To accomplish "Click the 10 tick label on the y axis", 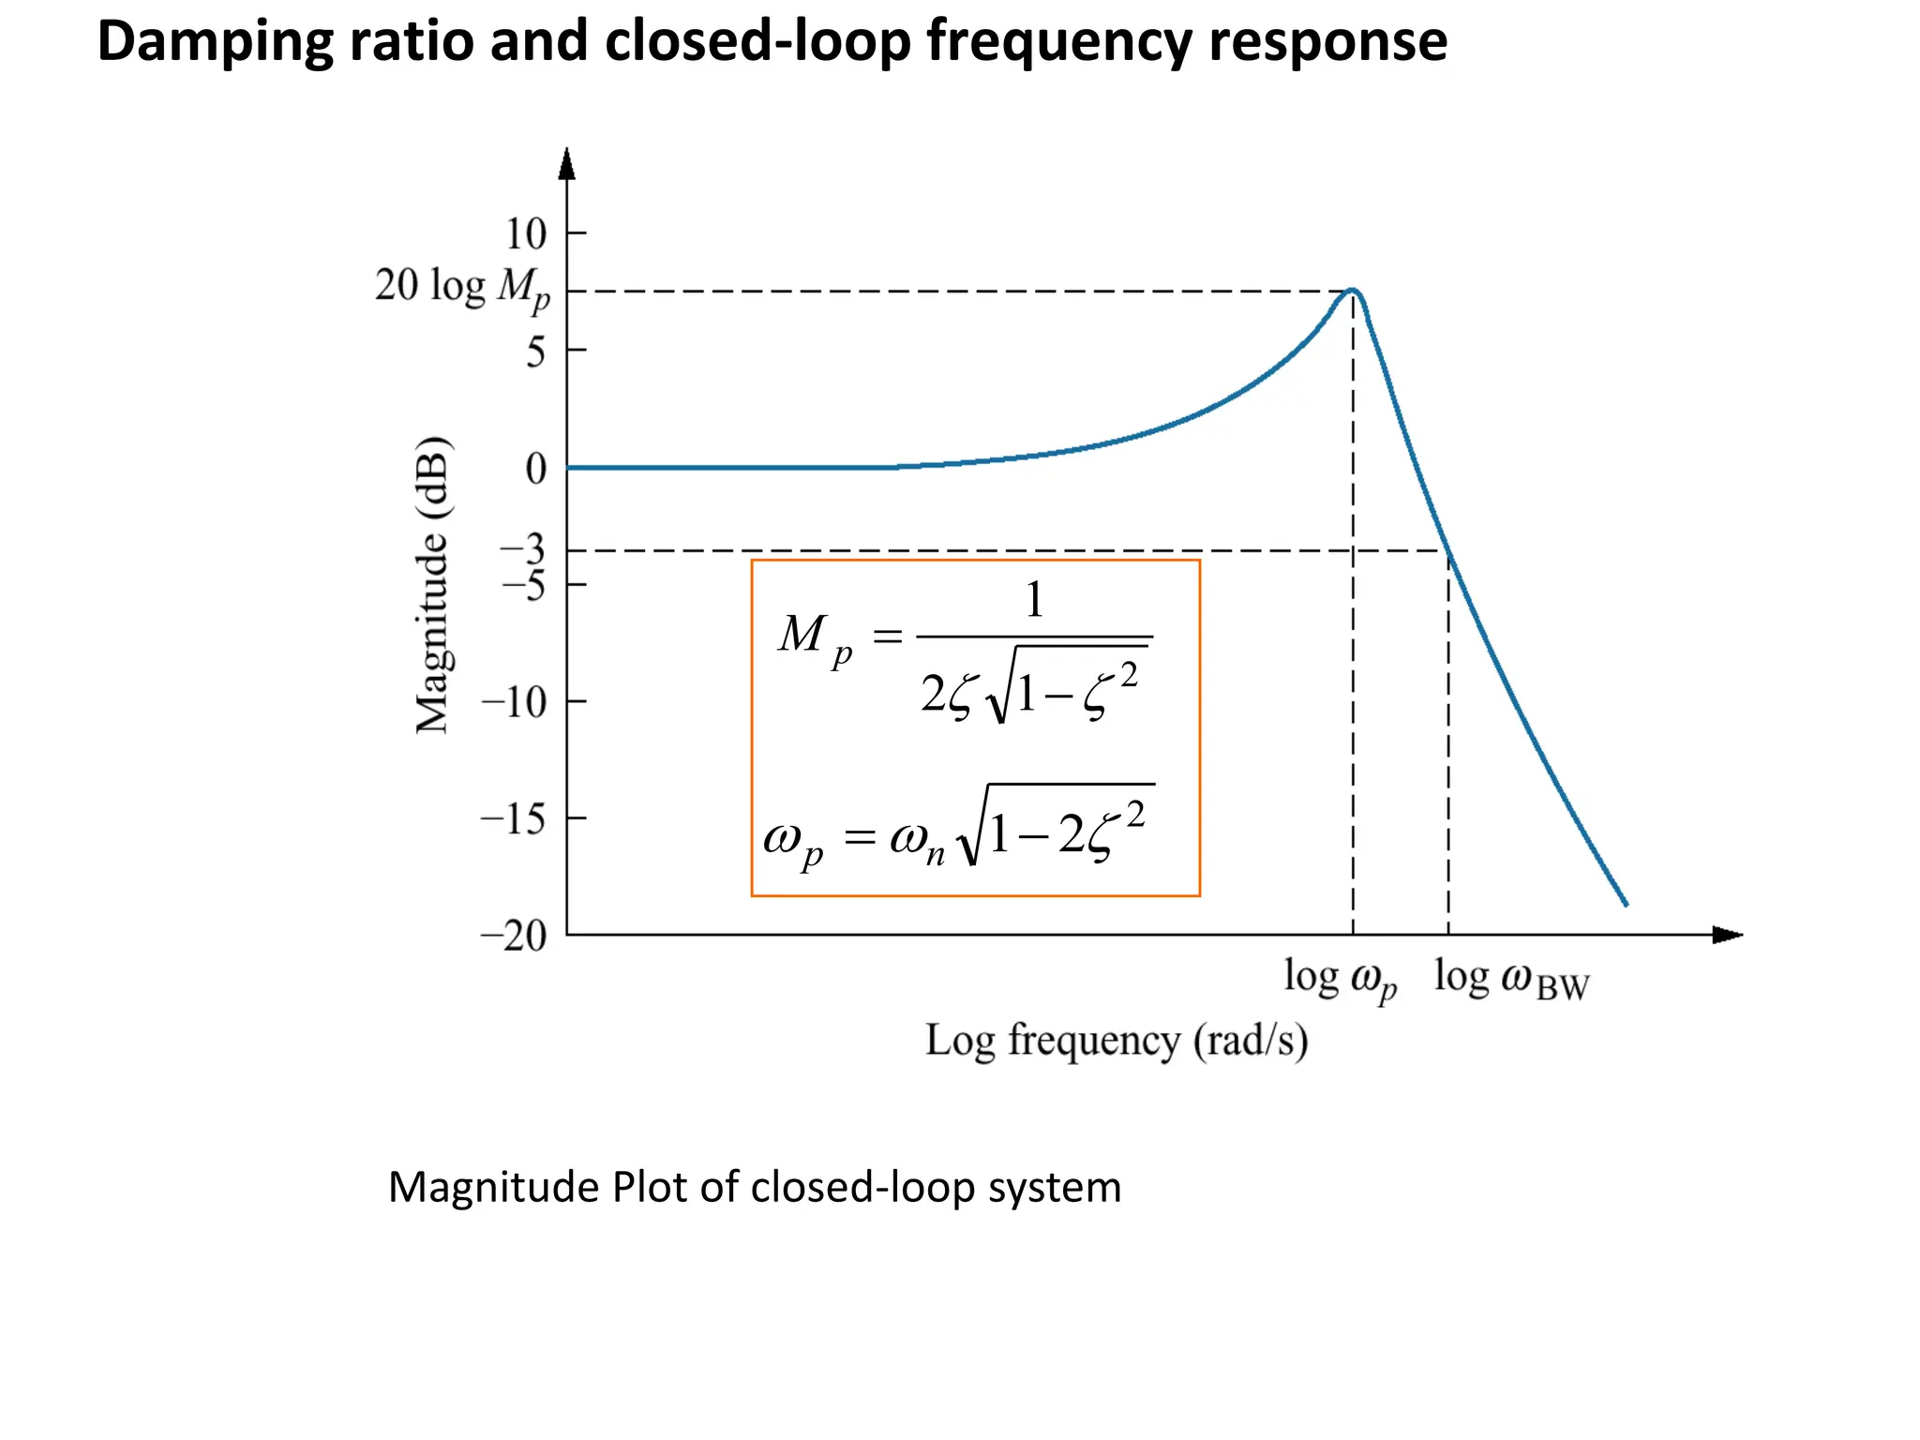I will [x=526, y=234].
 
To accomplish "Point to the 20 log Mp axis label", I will [x=462, y=287].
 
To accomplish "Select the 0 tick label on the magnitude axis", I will [x=536, y=469].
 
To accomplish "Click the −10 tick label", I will [x=514, y=702].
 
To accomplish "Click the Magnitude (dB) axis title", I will [x=433, y=585].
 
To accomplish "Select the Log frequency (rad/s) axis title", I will [x=1116, y=1042].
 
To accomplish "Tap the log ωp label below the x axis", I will [x=1340, y=979].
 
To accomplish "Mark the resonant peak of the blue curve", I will [x=1353, y=290].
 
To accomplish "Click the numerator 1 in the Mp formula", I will [x=1034, y=600].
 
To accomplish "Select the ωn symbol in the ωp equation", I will [x=917, y=839].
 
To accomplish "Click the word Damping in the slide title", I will [x=217, y=42].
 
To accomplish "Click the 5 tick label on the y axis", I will [x=535, y=352].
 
